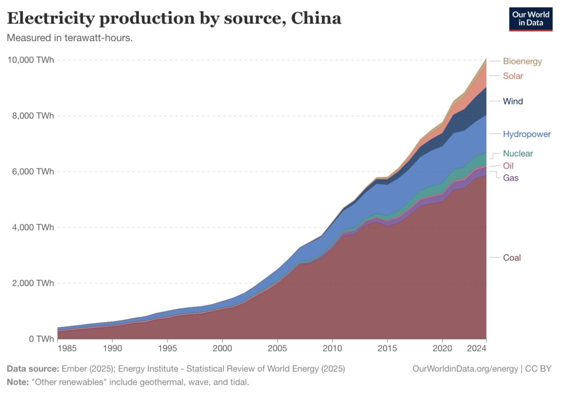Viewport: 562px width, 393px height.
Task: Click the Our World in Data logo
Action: pos(531,19)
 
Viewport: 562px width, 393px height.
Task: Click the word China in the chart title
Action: pos(316,18)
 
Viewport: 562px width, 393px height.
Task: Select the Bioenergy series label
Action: pos(522,61)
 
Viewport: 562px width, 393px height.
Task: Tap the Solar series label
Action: pos(513,76)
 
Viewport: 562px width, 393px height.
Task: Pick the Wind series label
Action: pos(513,101)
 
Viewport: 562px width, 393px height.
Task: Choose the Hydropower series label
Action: pos(527,135)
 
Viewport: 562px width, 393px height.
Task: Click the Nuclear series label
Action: pos(518,154)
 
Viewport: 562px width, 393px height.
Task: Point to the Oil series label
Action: pos(508,166)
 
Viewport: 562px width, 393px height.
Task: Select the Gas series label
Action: pos(511,178)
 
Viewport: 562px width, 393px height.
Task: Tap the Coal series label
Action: pos(512,258)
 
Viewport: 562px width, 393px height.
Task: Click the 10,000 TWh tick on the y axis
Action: pos(30,60)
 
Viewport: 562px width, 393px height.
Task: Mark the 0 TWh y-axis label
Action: pos(39,339)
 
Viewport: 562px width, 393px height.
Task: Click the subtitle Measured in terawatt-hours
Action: pos(69,38)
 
